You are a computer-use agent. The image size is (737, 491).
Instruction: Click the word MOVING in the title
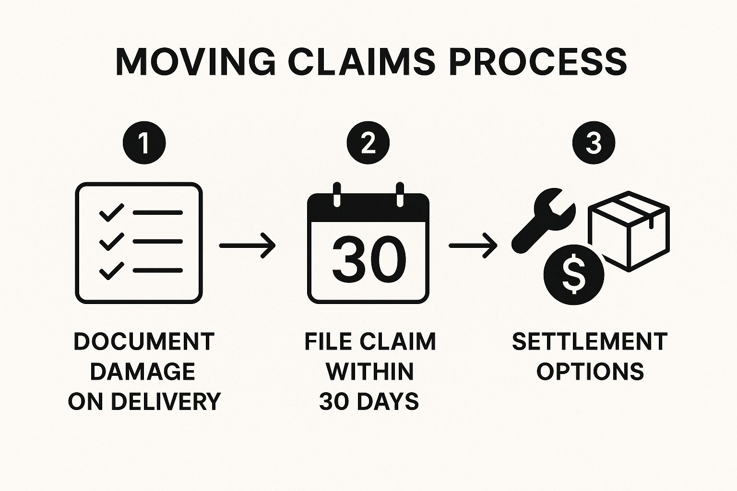195,62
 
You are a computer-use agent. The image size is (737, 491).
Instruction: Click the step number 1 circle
144,142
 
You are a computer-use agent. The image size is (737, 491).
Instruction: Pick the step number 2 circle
368,142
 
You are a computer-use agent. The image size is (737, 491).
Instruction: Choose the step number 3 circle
594,142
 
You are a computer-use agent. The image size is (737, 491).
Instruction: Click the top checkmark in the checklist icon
111,212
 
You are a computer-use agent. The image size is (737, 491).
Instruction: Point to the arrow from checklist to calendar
247,245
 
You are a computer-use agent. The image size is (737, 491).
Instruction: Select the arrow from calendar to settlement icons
473,245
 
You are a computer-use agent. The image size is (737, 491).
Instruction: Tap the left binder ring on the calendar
337,194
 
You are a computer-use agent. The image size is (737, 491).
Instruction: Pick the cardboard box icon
629,231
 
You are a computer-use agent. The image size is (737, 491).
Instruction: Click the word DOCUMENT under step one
144,342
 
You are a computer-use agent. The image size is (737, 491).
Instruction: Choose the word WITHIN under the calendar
369,372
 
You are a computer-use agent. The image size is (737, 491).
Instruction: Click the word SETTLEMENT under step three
590,342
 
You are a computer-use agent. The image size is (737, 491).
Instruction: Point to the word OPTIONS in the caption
590,372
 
